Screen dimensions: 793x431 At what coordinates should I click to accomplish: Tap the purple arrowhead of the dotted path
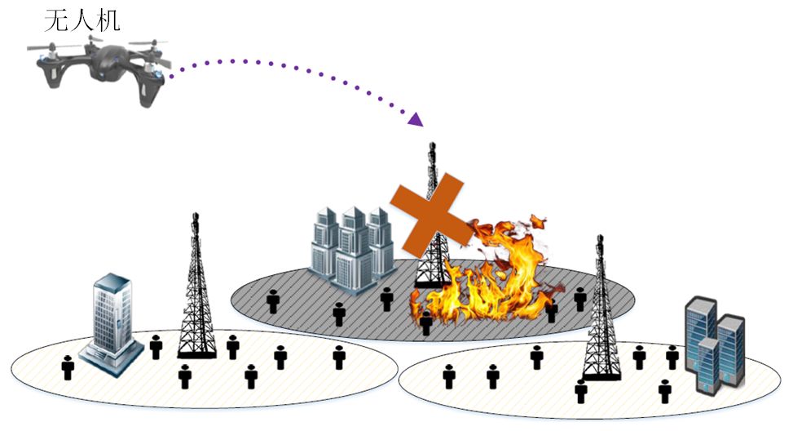416,120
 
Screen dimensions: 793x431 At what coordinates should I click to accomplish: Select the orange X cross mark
431,215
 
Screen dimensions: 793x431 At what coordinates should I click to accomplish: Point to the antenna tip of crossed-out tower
431,147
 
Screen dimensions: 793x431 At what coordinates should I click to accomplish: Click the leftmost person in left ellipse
68,367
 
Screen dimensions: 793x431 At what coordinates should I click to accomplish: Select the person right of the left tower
232,347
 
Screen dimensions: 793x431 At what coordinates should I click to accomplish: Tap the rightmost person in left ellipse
339,357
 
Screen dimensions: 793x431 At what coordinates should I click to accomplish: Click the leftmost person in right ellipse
448,375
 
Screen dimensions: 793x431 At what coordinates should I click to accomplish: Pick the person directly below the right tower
580,391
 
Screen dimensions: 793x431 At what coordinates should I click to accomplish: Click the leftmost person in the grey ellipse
273,302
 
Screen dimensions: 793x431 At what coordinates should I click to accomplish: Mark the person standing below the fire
425,322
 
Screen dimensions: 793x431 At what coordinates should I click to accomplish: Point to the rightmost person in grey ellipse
579,299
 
